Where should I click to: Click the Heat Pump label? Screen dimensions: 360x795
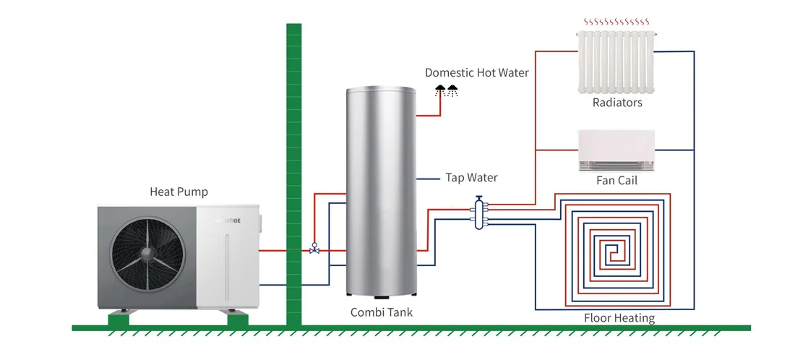[179, 192]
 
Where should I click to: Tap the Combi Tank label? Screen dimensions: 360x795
[382, 312]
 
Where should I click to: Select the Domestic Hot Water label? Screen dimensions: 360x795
[477, 72]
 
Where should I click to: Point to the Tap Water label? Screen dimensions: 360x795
[471, 178]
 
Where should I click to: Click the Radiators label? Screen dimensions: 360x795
[617, 103]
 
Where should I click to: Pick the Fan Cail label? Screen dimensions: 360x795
[616, 180]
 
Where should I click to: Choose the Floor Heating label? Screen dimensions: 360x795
[619, 318]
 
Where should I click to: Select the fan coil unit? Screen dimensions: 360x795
[616, 150]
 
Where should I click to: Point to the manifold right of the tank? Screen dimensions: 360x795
[479, 213]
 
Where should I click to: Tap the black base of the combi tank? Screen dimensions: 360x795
[381, 294]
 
